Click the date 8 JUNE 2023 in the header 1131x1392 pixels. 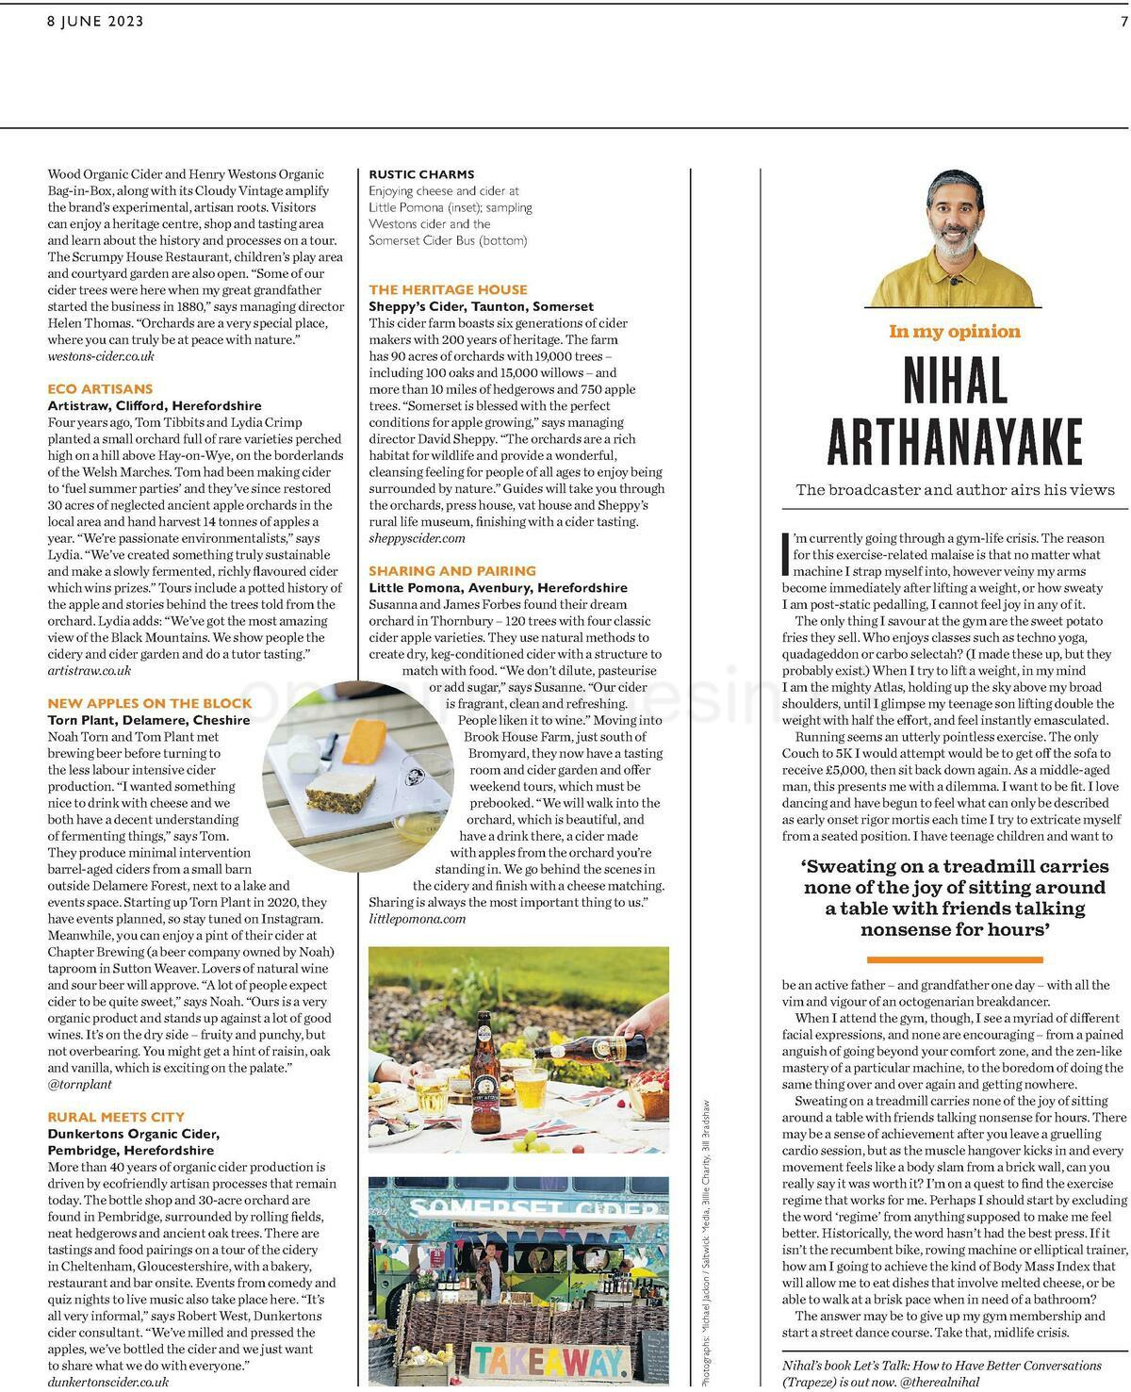(95, 21)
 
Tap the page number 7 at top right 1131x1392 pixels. (1123, 21)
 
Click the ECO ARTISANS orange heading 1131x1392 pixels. (100, 388)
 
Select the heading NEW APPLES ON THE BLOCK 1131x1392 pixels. (150, 703)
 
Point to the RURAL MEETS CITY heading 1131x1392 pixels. (116, 1117)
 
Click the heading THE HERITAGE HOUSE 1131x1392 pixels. (448, 289)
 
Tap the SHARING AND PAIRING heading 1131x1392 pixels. (451, 571)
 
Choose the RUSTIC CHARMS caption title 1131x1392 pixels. (421, 174)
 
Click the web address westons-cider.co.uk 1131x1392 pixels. (101, 356)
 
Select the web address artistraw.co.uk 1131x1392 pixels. (90, 671)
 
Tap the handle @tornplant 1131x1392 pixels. (80, 1084)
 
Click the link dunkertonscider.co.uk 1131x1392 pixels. (108, 1382)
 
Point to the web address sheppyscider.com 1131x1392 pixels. (417, 538)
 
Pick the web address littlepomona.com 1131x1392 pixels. (417, 919)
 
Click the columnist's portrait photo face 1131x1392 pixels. (952, 225)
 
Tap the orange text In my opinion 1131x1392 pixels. (954, 331)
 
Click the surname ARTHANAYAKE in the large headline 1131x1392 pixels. (954, 442)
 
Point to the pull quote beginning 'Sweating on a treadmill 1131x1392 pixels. (955, 897)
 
